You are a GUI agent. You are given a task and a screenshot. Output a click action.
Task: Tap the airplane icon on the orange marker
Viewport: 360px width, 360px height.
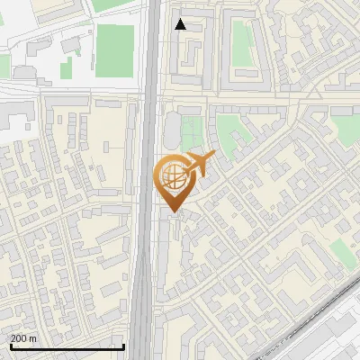click(x=201, y=164)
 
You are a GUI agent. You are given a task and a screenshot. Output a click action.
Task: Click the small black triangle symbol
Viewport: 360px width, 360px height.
click(x=181, y=24)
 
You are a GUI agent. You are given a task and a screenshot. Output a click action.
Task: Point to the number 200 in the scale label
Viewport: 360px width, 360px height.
click(x=20, y=338)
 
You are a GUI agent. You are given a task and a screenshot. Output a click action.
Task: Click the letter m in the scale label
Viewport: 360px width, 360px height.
click(x=34, y=338)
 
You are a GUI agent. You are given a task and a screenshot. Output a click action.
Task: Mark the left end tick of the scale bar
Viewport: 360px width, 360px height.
click(x=10, y=346)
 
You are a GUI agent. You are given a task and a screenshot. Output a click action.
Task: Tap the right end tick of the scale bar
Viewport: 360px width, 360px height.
click(x=123, y=346)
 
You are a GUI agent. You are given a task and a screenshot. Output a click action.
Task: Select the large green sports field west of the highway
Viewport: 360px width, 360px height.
click(x=115, y=45)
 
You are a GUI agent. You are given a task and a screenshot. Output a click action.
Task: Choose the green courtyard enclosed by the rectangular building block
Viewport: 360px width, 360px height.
click(x=241, y=41)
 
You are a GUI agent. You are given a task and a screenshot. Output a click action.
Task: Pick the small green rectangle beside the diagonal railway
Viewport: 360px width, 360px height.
click(x=340, y=251)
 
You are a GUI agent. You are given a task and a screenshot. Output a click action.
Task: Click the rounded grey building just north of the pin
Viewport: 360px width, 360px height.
click(x=172, y=130)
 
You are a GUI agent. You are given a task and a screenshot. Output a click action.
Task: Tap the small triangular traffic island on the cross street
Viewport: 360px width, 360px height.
click(x=312, y=94)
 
